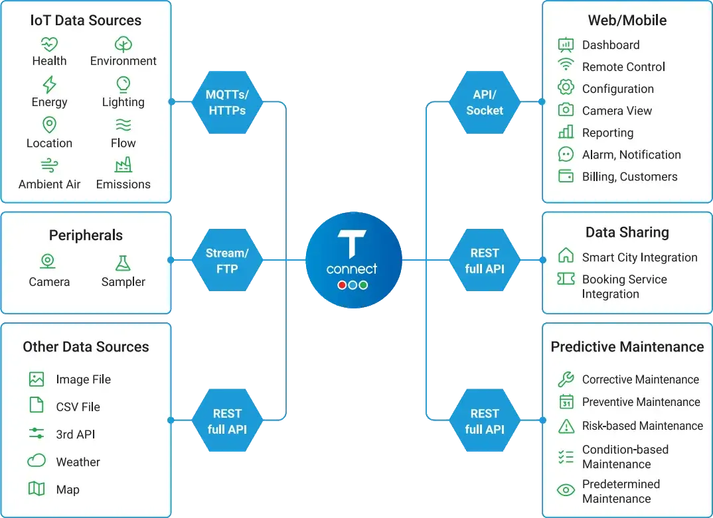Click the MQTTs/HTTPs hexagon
pos(227,102)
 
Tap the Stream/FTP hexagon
pos(227,261)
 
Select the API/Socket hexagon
pos(485,103)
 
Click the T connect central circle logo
pos(354,261)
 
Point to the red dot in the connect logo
pos(342,285)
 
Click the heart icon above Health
pos(49,44)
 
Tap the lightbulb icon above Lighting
pos(123,84)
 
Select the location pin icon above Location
pos(49,125)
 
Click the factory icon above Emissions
pos(123,165)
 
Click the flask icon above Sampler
pos(123,263)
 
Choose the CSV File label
pos(78,407)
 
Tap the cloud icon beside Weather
pos(37,461)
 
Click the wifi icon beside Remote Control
pos(566,66)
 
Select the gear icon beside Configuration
pos(566,88)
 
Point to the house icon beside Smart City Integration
pos(566,256)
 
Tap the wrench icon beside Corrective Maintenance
pos(566,379)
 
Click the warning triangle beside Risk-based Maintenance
pos(566,426)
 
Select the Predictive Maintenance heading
pos(627,347)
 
